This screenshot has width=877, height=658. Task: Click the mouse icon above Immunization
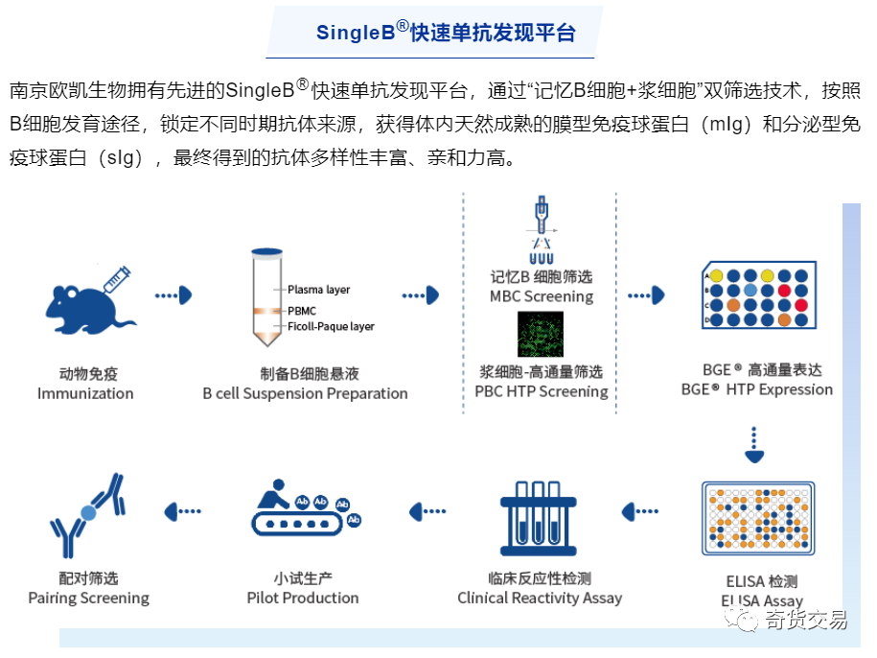[82, 306]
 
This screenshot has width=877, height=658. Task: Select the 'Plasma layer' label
[319, 290]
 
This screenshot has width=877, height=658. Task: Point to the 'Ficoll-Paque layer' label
[331, 326]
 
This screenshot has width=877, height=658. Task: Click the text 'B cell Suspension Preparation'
[305, 393]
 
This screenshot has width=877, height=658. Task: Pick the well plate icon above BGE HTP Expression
[756, 298]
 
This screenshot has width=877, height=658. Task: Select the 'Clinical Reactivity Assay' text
[539, 598]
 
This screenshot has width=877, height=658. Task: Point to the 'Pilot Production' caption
[303, 598]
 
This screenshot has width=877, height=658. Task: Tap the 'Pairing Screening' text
[88, 598]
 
